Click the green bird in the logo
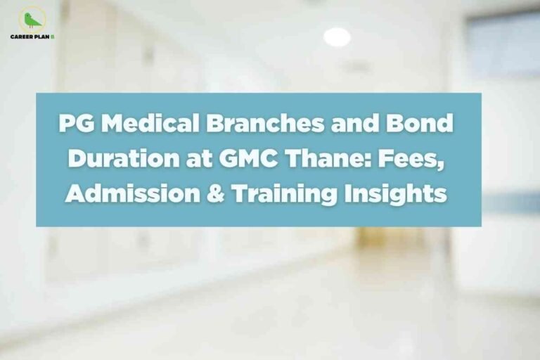click(31, 20)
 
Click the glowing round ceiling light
click(337, 37)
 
